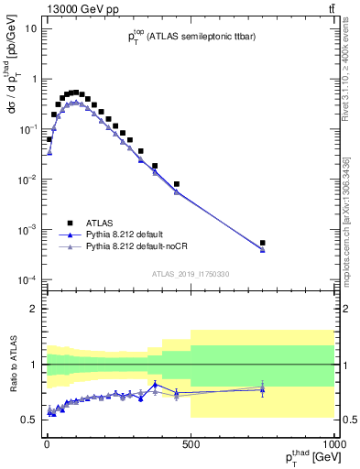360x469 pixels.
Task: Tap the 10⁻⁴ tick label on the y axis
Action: point(27,278)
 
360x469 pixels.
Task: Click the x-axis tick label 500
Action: point(191,443)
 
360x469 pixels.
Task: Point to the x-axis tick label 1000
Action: point(332,443)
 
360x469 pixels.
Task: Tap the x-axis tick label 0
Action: point(46,443)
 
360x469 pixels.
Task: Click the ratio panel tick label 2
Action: point(35,309)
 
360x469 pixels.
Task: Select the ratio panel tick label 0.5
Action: point(31,420)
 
